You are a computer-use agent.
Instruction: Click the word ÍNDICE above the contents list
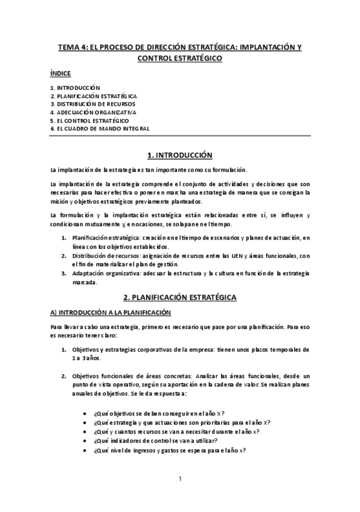(x=60, y=74)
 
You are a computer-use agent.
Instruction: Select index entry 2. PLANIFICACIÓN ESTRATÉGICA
(x=94, y=96)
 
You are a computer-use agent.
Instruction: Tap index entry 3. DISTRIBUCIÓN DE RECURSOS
(x=92, y=104)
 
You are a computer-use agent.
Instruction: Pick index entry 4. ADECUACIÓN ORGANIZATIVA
(x=93, y=112)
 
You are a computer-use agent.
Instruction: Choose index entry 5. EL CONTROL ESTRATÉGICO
(x=89, y=120)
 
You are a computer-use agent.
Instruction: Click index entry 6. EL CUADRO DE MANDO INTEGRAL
(x=100, y=129)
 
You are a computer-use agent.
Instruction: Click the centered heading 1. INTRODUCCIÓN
(x=179, y=154)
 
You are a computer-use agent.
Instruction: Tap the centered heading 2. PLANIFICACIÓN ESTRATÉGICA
(x=179, y=298)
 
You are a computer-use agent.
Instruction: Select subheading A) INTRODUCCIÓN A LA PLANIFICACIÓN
(x=111, y=312)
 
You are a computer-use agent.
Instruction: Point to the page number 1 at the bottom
(x=180, y=479)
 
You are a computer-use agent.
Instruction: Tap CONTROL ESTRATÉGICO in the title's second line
(x=179, y=58)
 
